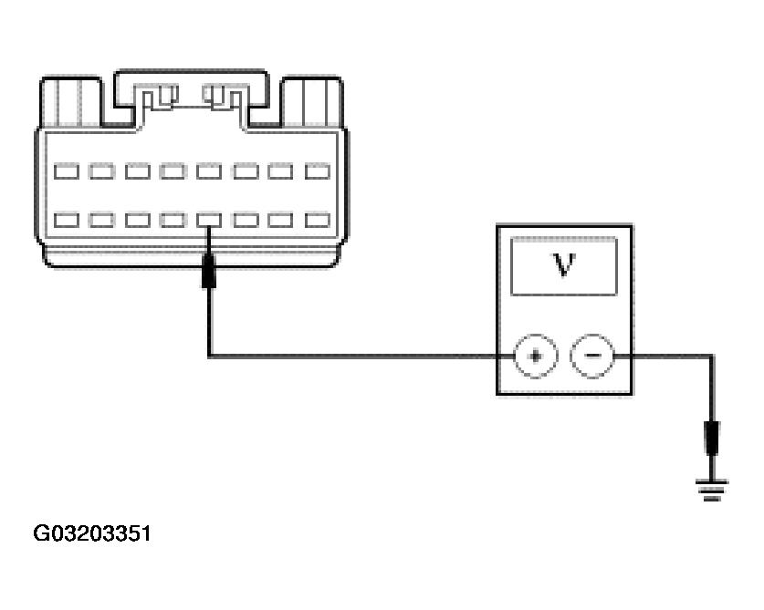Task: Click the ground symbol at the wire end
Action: tap(712, 491)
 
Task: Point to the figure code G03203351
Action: tap(92, 533)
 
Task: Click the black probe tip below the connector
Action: tap(209, 271)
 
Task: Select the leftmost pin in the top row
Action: tap(66, 171)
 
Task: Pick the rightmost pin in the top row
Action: tap(317, 171)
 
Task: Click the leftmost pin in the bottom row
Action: tap(66, 220)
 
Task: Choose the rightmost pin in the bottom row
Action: tap(317, 220)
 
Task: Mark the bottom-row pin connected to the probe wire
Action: tap(209, 220)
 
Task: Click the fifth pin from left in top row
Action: tap(209, 171)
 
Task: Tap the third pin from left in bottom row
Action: tap(138, 220)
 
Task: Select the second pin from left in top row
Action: tap(101, 171)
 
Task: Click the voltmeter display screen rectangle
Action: tap(563, 265)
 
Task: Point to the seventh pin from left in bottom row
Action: tap(281, 220)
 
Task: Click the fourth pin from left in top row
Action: tap(173, 171)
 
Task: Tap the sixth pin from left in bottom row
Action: tap(246, 220)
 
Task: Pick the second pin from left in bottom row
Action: tap(101, 220)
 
